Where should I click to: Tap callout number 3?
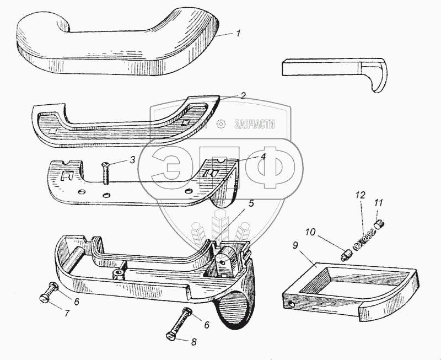(132, 160)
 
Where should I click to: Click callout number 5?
(251, 203)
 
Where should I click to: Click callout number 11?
(378, 202)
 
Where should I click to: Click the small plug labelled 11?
(379, 223)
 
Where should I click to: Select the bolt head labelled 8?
(171, 335)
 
